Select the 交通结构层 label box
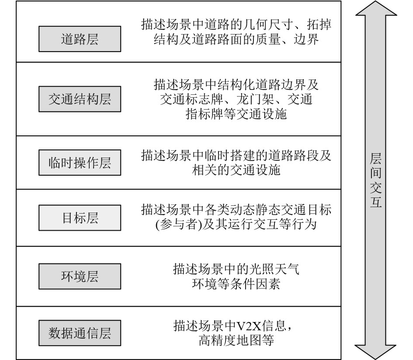(x=80, y=99)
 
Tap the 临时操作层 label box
(x=80, y=163)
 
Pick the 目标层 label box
(x=80, y=218)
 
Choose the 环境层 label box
(x=80, y=276)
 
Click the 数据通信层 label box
(x=80, y=333)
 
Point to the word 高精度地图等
(x=236, y=340)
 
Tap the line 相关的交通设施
(x=236, y=170)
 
